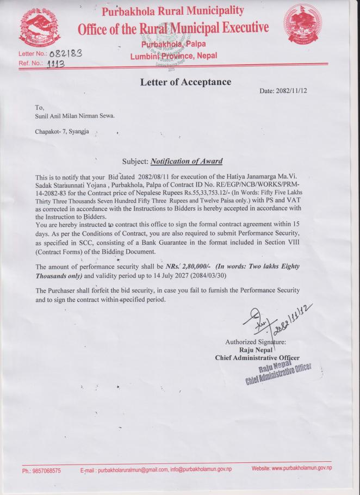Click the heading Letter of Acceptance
(185, 82)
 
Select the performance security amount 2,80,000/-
(190, 267)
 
